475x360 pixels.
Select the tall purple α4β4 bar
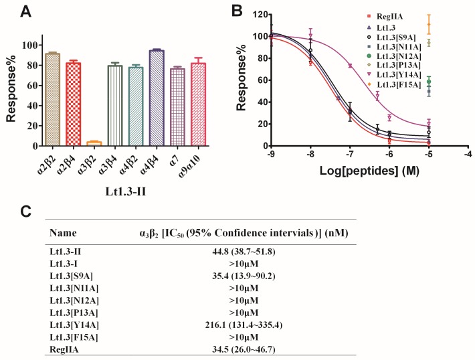[x=157, y=98]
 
